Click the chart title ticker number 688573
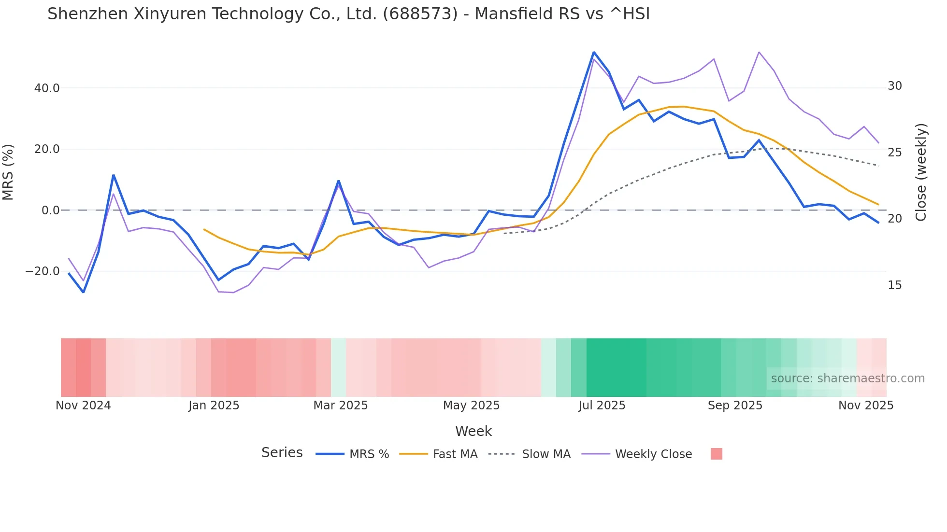420,14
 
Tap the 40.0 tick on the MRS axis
47,88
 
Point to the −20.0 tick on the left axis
43,271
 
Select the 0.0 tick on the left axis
50,210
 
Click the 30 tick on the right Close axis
895,86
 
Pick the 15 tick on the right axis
895,285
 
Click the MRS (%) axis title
8,172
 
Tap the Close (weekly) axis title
921,172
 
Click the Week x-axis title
473,431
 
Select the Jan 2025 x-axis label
214,406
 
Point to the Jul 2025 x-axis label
602,406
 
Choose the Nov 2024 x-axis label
83,406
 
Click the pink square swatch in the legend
716,454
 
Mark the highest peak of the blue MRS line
594,52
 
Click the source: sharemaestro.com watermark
847,378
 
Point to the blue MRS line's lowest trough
83,292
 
